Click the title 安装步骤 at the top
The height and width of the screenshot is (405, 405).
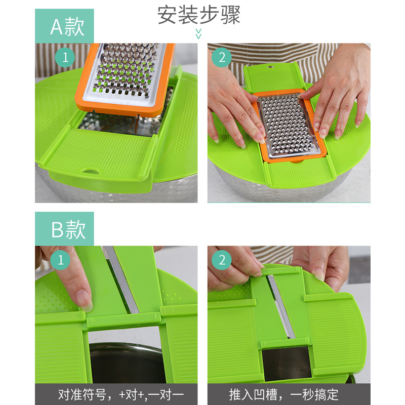(198, 15)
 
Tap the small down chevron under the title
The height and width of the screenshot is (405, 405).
(198, 34)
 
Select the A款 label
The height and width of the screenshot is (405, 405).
(64, 26)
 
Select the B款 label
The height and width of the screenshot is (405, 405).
(64, 229)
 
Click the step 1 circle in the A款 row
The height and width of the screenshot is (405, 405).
(65, 57)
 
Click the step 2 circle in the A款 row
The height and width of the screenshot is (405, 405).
(222, 57)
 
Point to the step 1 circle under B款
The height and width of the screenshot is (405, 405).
(61, 260)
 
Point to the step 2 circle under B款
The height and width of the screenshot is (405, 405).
(222, 260)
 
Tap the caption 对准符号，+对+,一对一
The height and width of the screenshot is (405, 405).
(116, 394)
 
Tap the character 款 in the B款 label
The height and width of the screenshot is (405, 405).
(75, 229)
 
